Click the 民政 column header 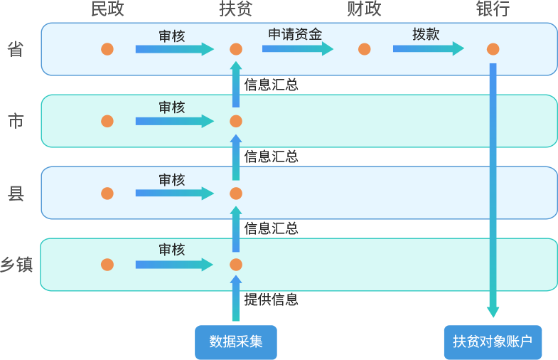[x=107, y=9]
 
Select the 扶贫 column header [x=236, y=9]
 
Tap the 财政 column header [x=364, y=9]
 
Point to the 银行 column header [x=493, y=9]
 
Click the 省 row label [x=16, y=49]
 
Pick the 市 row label [x=16, y=121]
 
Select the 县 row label [x=16, y=193]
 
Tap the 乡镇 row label [x=16, y=265]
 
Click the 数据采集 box [x=236, y=342]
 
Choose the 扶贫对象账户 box [x=493, y=342]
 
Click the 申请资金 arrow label [x=295, y=34]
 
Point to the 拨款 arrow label [x=426, y=34]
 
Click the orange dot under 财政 [x=365, y=49]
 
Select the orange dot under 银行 [x=493, y=49]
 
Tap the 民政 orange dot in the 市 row [x=107, y=121]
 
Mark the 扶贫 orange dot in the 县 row [x=236, y=194]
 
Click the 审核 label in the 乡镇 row [x=171, y=250]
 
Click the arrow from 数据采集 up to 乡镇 [x=236, y=299]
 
